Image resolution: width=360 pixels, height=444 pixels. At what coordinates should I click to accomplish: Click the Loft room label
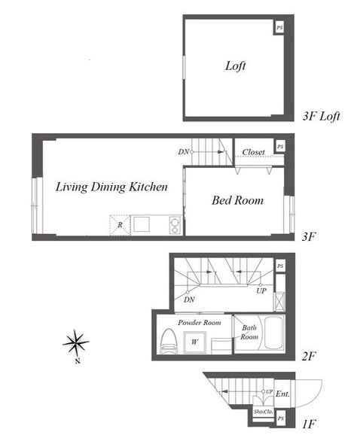(x=235, y=66)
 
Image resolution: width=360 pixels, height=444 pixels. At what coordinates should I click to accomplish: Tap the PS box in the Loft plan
(x=279, y=28)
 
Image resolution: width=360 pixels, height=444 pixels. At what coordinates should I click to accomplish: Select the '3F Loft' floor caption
(x=321, y=116)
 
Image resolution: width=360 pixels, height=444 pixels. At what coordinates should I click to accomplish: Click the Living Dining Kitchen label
(x=111, y=187)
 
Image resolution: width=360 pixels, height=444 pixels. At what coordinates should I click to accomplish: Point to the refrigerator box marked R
(x=120, y=225)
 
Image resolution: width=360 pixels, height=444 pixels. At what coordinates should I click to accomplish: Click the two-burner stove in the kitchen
(x=175, y=225)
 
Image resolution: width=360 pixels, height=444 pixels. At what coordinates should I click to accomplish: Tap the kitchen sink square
(x=142, y=224)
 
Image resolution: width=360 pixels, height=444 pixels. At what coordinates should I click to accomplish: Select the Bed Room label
(x=237, y=200)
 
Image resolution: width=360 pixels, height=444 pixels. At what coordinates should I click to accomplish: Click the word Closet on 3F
(x=253, y=152)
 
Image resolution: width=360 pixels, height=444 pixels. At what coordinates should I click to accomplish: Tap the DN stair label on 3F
(x=184, y=152)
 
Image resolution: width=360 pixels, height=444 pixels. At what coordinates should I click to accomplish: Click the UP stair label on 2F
(x=261, y=290)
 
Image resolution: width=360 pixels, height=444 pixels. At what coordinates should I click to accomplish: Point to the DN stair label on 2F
(x=189, y=300)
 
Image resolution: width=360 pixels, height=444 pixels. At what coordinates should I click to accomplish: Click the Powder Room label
(x=200, y=323)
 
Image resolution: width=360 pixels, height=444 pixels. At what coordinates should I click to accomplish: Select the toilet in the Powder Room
(x=169, y=341)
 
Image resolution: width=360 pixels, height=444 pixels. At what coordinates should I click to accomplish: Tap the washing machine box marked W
(x=194, y=342)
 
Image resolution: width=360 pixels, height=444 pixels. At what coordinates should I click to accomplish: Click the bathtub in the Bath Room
(x=274, y=333)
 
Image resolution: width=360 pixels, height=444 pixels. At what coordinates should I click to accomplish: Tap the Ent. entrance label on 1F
(x=282, y=394)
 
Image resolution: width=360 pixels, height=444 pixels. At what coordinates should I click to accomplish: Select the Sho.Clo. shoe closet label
(x=264, y=412)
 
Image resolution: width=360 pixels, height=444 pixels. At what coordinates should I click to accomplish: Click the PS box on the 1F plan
(x=281, y=418)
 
